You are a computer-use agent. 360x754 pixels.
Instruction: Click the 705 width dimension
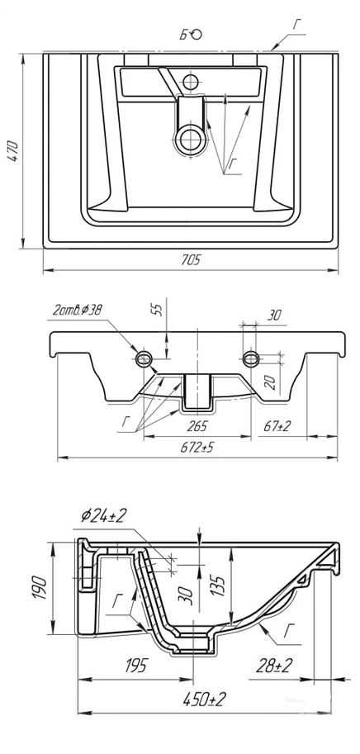191,260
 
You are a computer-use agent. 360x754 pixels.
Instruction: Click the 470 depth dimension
13,151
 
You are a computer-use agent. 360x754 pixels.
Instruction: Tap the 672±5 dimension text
197,448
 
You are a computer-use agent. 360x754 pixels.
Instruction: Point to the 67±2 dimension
277,425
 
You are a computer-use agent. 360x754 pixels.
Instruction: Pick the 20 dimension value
270,382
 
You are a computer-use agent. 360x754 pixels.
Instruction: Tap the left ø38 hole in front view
144,358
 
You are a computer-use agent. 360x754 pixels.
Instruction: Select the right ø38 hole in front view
251,358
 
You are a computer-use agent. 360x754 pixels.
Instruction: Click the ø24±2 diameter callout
103,516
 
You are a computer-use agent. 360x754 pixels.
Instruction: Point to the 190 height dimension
40,588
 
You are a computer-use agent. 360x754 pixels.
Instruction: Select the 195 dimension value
135,666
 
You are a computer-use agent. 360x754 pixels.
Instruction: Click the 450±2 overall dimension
204,699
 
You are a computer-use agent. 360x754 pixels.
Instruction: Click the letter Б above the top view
184,34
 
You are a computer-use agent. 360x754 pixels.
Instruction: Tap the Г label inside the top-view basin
233,164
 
